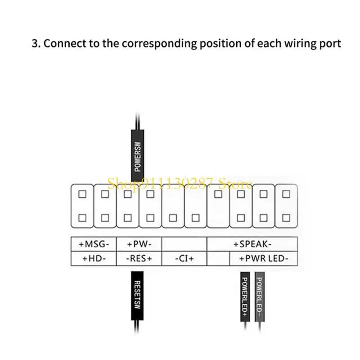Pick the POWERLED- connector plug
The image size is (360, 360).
tap(259, 296)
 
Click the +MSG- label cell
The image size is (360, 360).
tap(94, 244)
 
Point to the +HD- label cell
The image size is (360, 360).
tap(94, 258)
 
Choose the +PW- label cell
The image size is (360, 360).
tap(139, 244)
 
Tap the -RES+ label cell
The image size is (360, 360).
tap(139, 258)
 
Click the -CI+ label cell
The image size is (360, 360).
tap(184, 258)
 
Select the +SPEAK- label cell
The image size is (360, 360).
tap(252, 244)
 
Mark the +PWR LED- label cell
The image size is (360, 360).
tap(263, 258)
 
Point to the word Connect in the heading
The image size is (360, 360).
tap(62, 44)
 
